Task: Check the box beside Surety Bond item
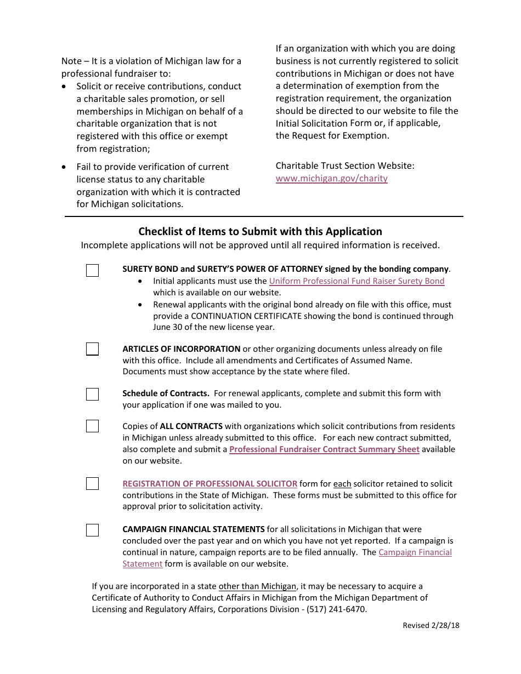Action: pos(92,270)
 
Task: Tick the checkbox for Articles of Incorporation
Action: pos(92,349)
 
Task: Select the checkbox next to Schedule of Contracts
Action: pos(92,394)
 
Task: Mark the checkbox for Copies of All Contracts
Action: pos(92,426)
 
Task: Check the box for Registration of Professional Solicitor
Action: pos(92,483)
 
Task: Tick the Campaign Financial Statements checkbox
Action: pos(92,530)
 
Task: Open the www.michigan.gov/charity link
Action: pos(331,178)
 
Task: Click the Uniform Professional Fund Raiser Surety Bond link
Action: pos(356,281)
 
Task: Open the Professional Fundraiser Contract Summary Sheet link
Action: pos(324,449)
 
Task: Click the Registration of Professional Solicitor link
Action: pos(209,484)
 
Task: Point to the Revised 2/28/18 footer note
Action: pos(431,625)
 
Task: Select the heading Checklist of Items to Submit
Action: pos(260,231)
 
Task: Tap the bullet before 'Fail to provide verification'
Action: pos(65,167)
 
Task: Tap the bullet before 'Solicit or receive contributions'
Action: pos(65,87)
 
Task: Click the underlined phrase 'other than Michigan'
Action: pos(257,586)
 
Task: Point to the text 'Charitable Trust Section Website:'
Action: pos(345,165)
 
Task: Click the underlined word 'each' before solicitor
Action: pos(342,484)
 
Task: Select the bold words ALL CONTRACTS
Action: pos(191,426)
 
